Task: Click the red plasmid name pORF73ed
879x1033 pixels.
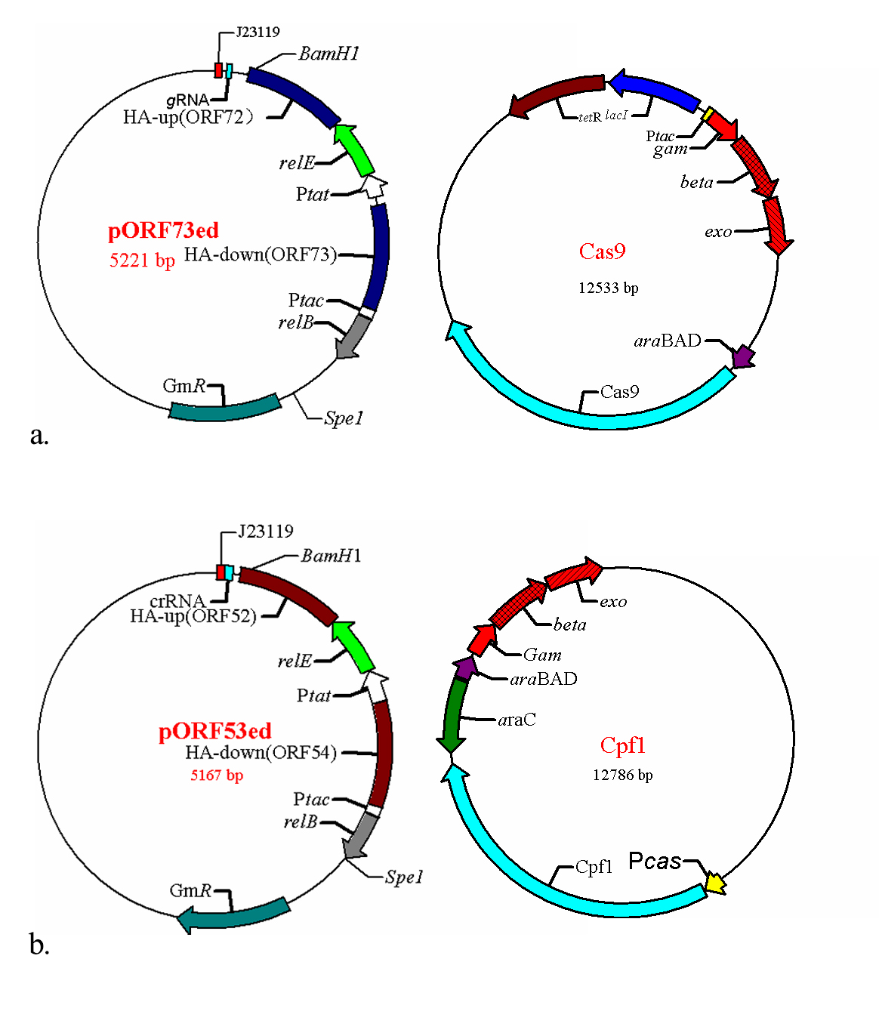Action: [x=163, y=230]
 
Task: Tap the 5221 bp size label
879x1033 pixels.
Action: [x=142, y=261]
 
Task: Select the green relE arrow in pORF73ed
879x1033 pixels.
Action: [x=354, y=149]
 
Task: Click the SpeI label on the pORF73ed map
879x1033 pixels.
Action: [x=344, y=418]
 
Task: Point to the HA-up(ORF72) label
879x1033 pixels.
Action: [x=188, y=117]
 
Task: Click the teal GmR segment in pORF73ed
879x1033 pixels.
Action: [x=224, y=408]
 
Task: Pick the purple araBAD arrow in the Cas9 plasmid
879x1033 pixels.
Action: [x=744, y=356]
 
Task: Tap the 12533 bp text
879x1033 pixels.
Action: [x=609, y=288]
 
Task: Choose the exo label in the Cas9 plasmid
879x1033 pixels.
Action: [x=718, y=232]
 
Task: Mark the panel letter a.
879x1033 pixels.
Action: [x=39, y=435]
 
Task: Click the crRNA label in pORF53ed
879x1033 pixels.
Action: [x=177, y=601]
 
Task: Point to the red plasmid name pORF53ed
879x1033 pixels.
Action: [x=215, y=731]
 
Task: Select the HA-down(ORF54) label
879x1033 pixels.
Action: [x=261, y=753]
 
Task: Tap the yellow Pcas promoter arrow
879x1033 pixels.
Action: [x=714, y=882]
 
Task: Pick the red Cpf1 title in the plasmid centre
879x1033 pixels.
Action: [x=622, y=745]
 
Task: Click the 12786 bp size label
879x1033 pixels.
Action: [x=623, y=775]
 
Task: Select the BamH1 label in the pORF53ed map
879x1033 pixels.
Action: [x=331, y=557]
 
